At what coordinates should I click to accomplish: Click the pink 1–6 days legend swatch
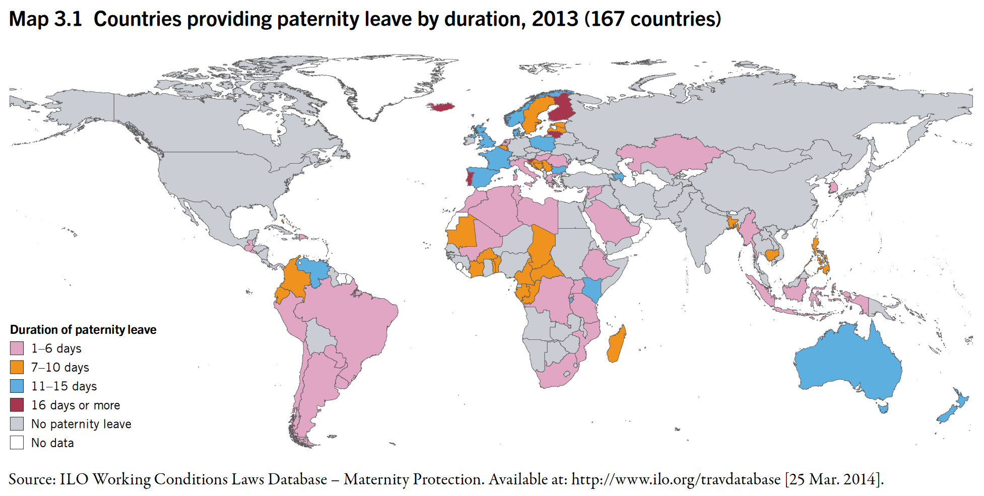click(x=17, y=348)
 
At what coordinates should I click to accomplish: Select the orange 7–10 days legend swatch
click(x=17, y=367)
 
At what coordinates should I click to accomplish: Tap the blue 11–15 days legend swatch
click(x=17, y=386)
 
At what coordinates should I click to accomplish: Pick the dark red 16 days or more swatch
click(x=17, y=405)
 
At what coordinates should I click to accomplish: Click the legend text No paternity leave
click(x=81, y=424)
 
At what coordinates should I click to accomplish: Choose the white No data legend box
click(x=17, y=443)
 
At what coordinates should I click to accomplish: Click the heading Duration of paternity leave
click(x=83, y=330)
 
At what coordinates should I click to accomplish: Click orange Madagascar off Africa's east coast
click(x=616, y=345)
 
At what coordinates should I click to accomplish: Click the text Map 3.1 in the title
click(x=45, y=19)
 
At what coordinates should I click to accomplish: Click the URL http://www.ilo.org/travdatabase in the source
click(x=676, y=479)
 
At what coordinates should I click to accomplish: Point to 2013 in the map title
click(x=555, y=19)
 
